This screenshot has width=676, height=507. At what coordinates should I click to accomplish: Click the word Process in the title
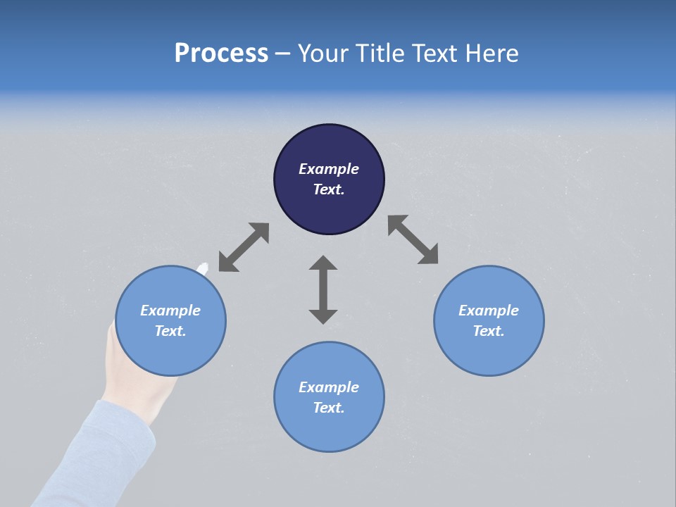coord(221,54)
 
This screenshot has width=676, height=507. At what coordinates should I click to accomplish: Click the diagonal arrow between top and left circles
coord(244,247)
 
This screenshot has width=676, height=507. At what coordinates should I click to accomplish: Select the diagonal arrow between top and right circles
coord(413,239)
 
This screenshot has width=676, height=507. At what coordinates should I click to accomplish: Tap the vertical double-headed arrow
coord(323,289)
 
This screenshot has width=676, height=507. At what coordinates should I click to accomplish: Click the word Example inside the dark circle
coord(329,169)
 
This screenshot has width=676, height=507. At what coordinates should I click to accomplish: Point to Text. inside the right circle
coord(489,331)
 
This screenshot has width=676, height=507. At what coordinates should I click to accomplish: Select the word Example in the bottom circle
coord(329,387)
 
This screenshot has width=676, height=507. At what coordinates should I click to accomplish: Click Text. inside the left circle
coord(170,331)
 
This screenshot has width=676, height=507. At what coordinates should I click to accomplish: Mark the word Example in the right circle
coord(489,310)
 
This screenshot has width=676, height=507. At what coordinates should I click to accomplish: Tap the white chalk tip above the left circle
coord(204,268)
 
